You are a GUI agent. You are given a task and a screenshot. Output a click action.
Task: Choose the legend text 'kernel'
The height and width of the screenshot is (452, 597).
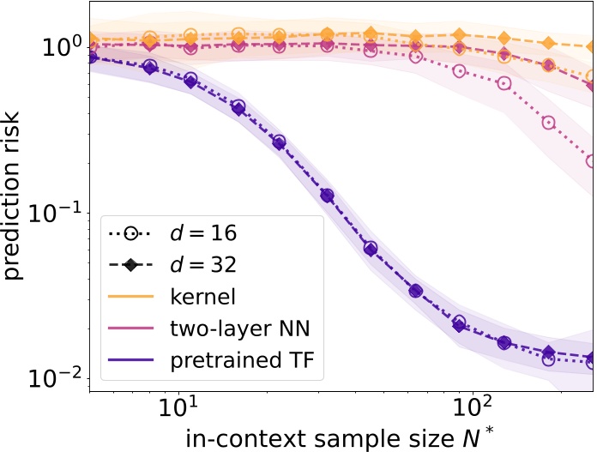pos(202,297)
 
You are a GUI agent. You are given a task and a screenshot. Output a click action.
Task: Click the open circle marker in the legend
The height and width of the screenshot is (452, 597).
pos(131,232)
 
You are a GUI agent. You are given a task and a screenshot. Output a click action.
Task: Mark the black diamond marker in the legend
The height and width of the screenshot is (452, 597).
pos(131,265)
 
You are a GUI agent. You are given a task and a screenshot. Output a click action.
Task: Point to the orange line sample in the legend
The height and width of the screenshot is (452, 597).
pos(131,298)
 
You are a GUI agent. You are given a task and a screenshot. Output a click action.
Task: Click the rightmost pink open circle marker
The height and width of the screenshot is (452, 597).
pos(591,160)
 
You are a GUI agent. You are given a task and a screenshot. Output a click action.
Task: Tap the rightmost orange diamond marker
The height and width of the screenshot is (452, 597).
pos(591,46)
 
